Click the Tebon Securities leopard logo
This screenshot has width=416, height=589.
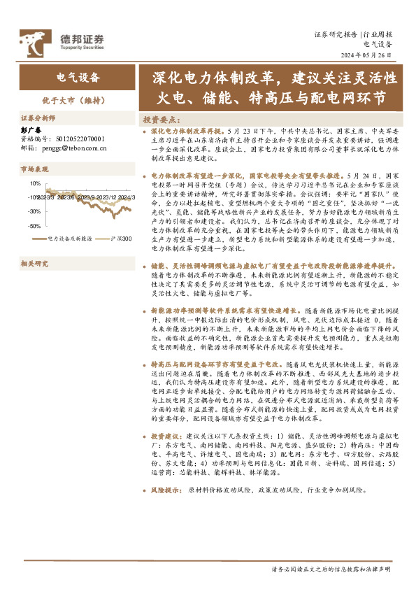coord(34,41)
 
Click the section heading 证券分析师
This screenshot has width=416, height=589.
coord(38,118)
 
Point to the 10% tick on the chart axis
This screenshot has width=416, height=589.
coord(34,183)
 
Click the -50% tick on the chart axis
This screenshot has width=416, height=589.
coord(34,226)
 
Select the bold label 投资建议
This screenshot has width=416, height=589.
coord(165,436)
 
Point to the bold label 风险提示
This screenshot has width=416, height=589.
coord(165,490)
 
